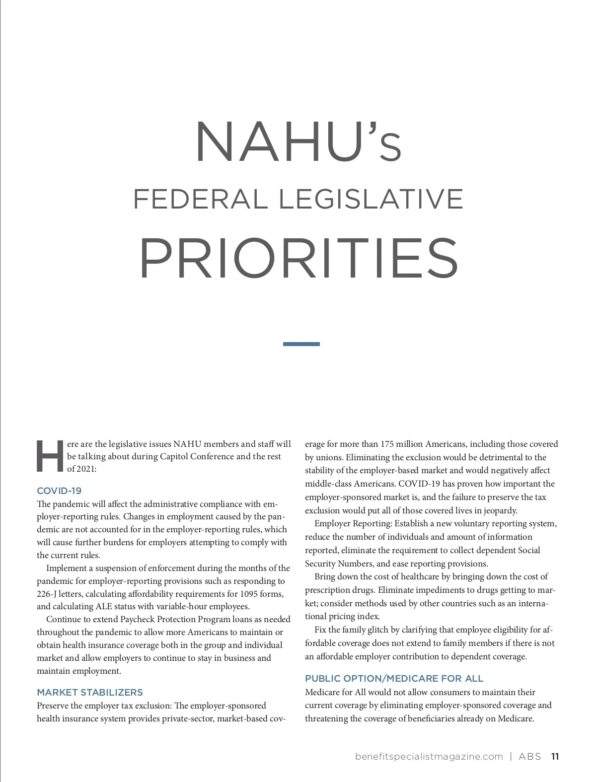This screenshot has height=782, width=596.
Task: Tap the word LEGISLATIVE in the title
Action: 371,199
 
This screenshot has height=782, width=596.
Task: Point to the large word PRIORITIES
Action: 298,258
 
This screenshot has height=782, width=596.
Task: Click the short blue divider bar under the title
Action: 301,344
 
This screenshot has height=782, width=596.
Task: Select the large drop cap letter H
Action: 50,456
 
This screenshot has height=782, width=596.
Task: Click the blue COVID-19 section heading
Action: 59,491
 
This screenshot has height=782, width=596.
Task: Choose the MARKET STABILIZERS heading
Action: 90,692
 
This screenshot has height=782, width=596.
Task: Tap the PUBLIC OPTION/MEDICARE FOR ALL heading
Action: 394,678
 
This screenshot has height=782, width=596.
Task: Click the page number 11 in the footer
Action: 555,757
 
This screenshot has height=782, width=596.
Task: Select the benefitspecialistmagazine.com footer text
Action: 429,757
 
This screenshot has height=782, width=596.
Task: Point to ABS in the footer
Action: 530,757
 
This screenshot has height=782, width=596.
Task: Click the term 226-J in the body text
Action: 47,594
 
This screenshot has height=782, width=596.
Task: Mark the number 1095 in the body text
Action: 248,594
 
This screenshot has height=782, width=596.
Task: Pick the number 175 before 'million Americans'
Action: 387,444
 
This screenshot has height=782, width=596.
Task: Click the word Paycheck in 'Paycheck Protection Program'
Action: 138,619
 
